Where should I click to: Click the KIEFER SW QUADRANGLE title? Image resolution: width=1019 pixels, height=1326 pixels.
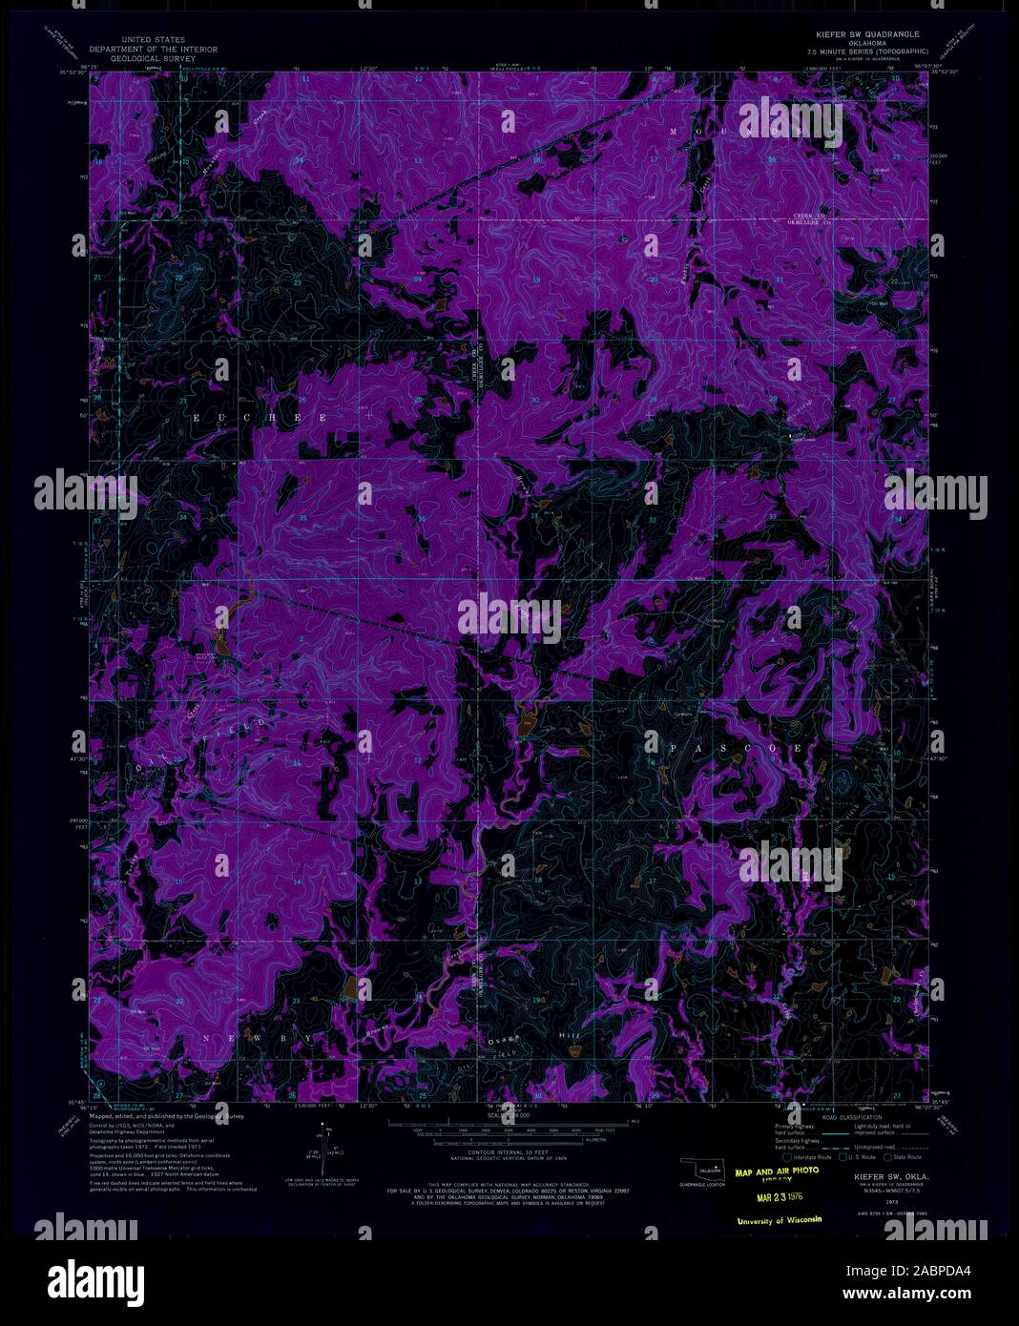coord(867,32)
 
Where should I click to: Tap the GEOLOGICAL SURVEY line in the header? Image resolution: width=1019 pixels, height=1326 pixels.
coord(153,58)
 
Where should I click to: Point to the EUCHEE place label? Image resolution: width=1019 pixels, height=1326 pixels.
coord(260,419)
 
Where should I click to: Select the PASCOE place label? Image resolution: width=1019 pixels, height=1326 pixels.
coord(725,749)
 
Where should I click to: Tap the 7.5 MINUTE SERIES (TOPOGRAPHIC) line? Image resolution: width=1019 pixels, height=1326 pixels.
coord(867,50)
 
